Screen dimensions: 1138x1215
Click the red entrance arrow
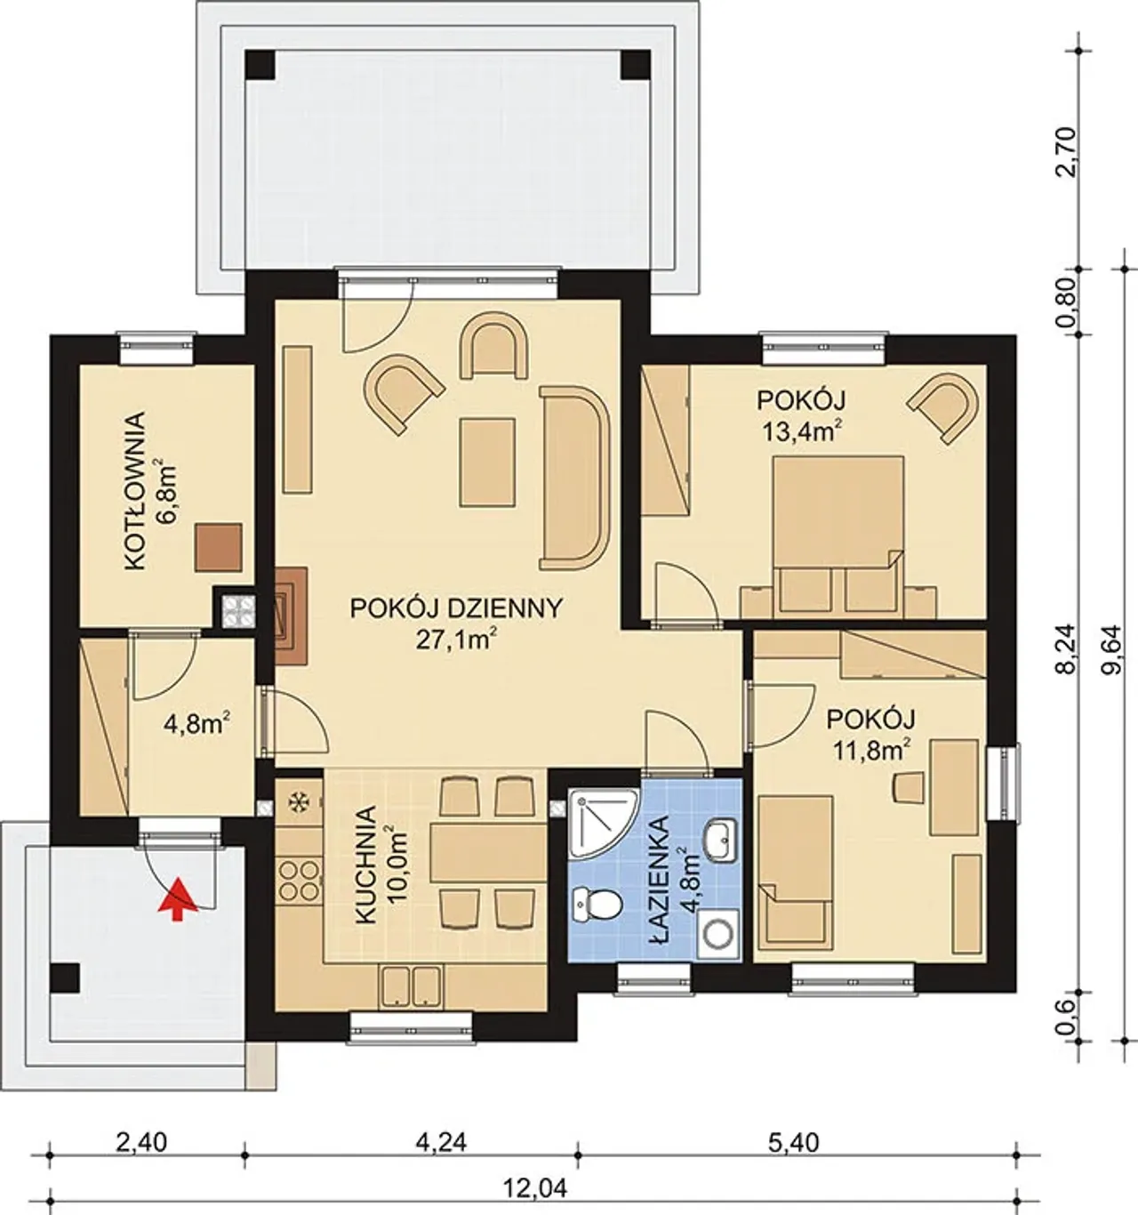click(x=178, y=898)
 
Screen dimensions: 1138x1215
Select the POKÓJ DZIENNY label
click(x=456, y=608)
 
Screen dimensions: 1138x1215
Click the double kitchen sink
click(x=411, y=987)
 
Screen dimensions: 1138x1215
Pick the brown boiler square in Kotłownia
click(x=219, y=547)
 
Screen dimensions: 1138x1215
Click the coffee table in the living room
click(x=487, y=463)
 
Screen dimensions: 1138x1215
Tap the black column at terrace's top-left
click(x=260, y=64)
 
